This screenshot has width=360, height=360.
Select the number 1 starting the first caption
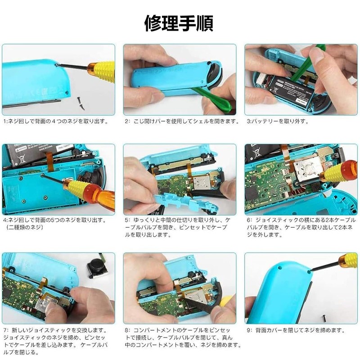click(x=4, y=121)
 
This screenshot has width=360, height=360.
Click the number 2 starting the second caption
click(x=127, y=121)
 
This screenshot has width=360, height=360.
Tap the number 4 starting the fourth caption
click(x=4, y=220)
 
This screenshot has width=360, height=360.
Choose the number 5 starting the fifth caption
click(x=127, y=220)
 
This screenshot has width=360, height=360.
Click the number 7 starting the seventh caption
click(x=4, y=330)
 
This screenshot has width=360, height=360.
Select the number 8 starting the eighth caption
click(x=127, y=330)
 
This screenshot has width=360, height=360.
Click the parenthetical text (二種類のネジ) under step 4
click(x=27, y=228)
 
